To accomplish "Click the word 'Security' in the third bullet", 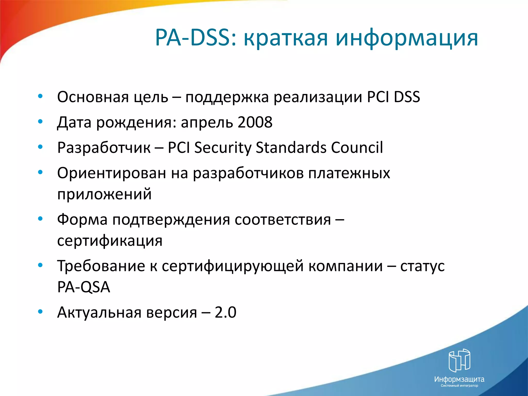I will pos(222,148).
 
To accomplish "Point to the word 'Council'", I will pos(357,148).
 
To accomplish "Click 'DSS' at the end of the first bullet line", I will pos(407,97).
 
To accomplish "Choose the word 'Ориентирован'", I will pos(111,173).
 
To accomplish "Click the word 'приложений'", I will pos(104,194).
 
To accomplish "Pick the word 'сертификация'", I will pos(110,241).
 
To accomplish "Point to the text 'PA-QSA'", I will pos(84,287).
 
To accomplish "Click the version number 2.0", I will pos(225,312).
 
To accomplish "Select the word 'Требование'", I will pos(101,266).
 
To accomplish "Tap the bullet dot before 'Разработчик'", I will pos(40,147).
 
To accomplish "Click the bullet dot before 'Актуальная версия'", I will pos(40,312).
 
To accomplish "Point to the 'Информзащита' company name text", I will pos(459,379).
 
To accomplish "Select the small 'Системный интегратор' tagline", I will pos(459,386).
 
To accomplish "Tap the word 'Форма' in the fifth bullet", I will pos(82,220).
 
